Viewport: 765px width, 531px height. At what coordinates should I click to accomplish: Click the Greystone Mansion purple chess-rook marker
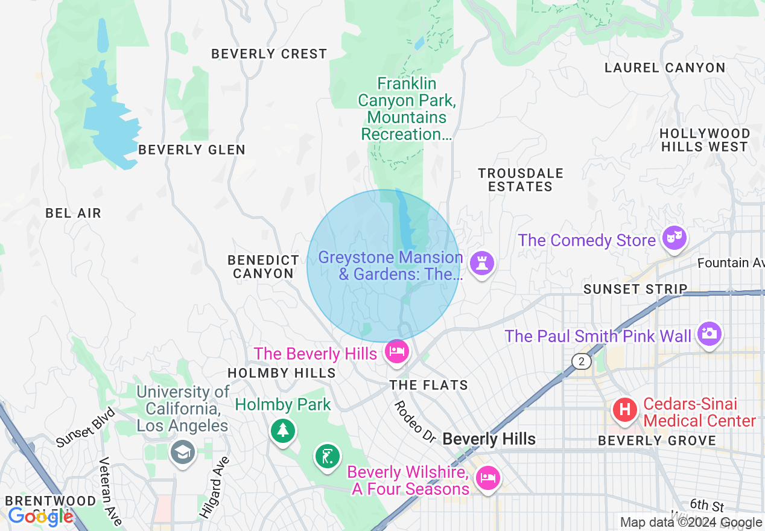tap(481, 264)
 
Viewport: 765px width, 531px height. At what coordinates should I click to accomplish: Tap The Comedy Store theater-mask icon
tap(673, 238)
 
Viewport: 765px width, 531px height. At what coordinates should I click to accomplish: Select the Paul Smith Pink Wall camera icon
tap(709, 333)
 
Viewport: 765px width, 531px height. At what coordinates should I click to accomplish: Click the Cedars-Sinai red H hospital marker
tap(625, 410)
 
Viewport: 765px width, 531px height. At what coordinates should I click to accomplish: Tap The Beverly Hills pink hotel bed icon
tap(396, 351)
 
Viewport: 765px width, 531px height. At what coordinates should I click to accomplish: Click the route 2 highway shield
tap(582, 361)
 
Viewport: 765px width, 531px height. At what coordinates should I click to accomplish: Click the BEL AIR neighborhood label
tap(74, 213)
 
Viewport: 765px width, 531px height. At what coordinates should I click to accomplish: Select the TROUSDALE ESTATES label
tap(521, 180)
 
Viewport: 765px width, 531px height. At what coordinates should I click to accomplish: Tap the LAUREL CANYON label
tap(665, 68)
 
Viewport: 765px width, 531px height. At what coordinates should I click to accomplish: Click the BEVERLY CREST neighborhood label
tap(269, 54)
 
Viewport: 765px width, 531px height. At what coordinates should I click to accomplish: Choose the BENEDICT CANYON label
tap(263, 267)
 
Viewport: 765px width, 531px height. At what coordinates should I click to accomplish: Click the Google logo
tap(40, 517)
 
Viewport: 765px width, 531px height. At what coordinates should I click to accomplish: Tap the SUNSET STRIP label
tap(635, 290)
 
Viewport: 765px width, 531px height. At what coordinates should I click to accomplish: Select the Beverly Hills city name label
tap(489, 439)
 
